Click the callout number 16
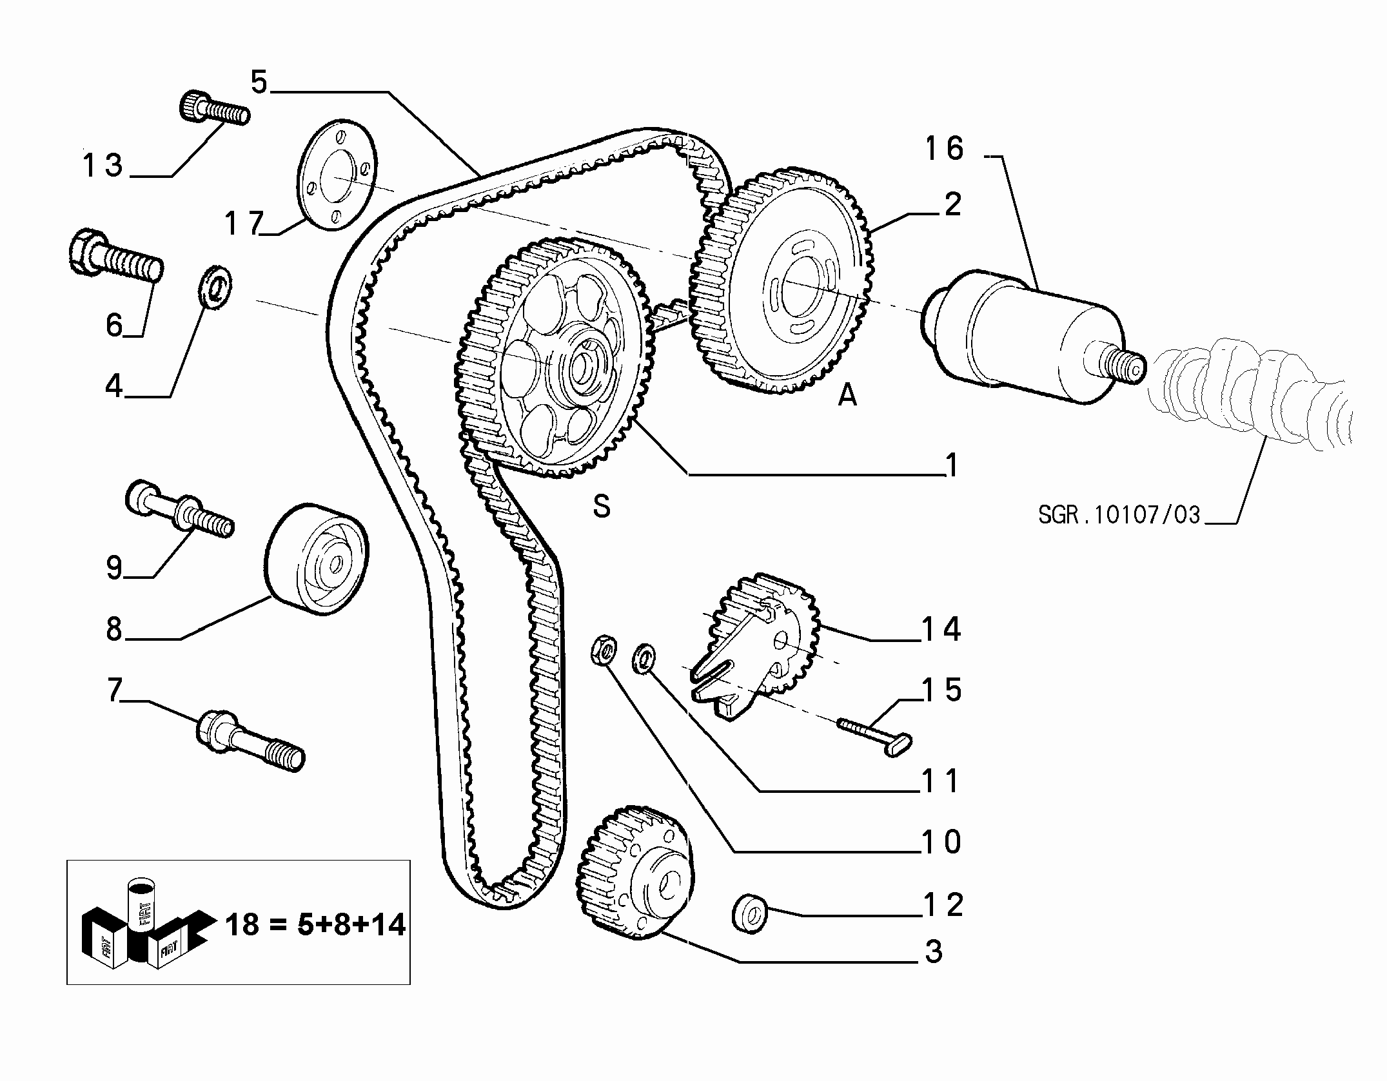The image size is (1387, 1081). coord(944,149)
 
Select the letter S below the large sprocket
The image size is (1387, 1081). coord(602,506)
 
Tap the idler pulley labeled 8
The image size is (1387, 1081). coord(317,560)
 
